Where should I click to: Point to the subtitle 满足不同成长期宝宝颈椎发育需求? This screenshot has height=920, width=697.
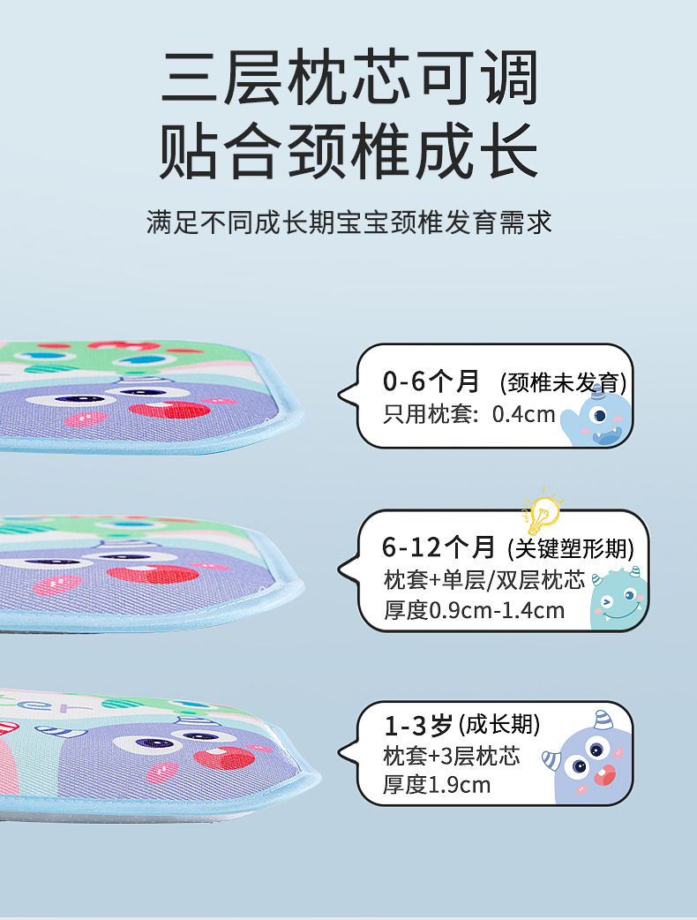coord(348,222)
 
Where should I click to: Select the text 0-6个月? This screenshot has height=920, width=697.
coord(431,381)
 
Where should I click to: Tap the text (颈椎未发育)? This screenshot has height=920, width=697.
coord(563,383)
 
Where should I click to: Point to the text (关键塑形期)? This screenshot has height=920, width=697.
coord(571,549)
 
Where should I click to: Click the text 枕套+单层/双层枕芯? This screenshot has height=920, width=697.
coord(484,580)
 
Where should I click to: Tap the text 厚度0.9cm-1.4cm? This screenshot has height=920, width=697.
coord(474,610)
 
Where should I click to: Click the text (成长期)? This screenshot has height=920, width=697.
coord(499,726)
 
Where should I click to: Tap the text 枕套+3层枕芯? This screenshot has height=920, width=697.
coord(451,756)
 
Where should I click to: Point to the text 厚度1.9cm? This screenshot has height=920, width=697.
coord(437,785)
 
